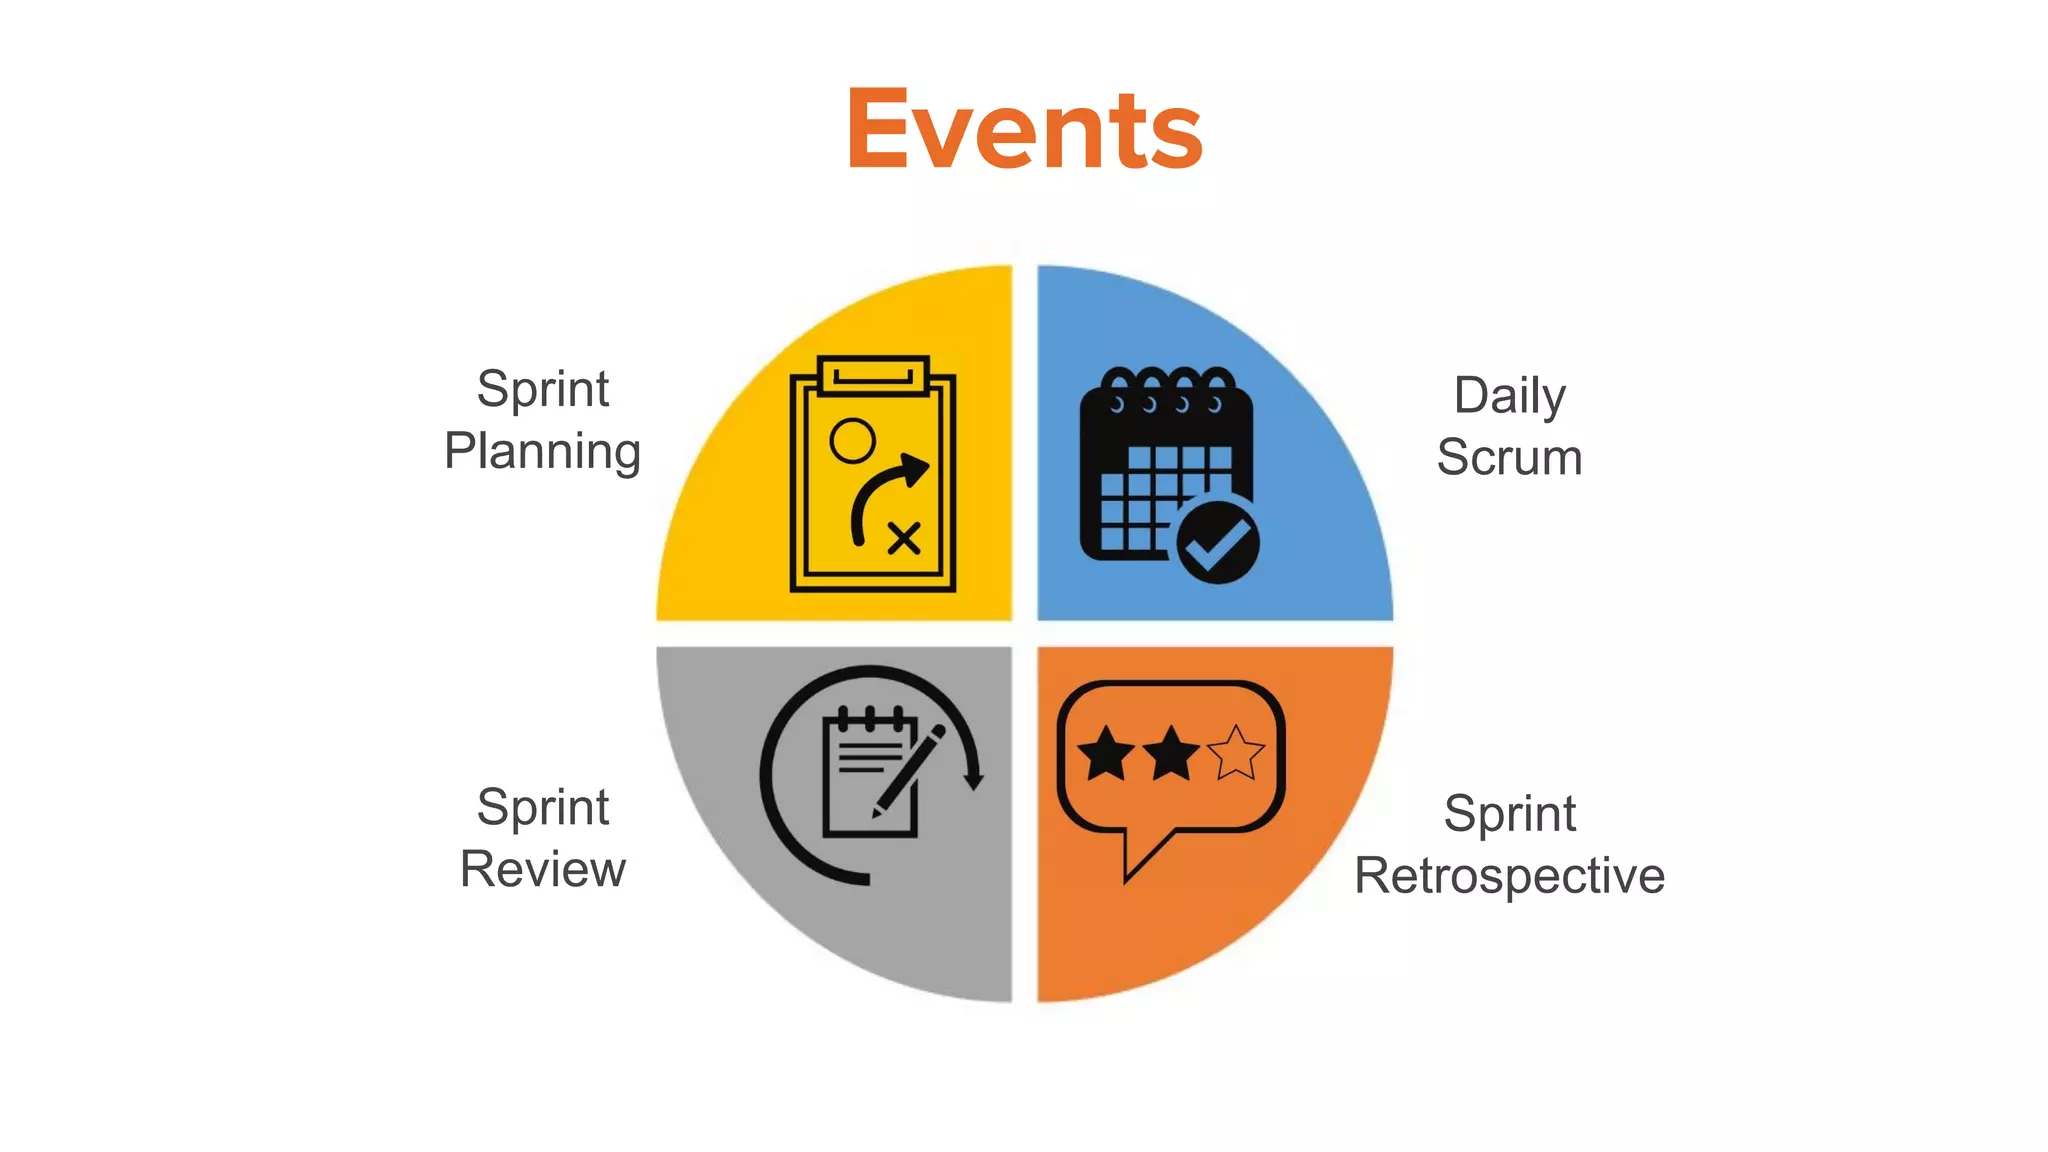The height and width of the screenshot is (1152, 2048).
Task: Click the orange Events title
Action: (1024, 130)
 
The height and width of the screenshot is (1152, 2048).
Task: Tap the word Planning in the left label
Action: (542, 452)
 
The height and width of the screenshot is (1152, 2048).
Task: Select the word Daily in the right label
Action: (1509, 397)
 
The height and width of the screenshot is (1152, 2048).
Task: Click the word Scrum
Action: (1509, 458)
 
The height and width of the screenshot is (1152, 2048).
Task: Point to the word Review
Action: (542, 869)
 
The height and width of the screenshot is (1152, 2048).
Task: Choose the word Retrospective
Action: (1509, 877)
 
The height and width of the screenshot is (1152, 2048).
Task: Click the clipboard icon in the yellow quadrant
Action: (872, 475)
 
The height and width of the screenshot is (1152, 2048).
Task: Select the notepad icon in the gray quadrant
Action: (868, 775)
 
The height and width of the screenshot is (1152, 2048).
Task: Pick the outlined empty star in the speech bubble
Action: (1236, 753)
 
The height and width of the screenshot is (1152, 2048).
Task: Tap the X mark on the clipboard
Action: (904, 539)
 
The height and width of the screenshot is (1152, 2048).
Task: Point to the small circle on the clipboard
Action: (852, 440)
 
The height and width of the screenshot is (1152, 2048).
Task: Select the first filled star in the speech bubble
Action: (1106, 753)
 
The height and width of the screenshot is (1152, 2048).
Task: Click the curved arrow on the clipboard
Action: (885, 495)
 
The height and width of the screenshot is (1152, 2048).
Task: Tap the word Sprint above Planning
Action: (542, 389)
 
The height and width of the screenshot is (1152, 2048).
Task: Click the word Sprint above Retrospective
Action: (1509, 814)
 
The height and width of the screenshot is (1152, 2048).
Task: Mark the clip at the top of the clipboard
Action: (873, 376)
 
